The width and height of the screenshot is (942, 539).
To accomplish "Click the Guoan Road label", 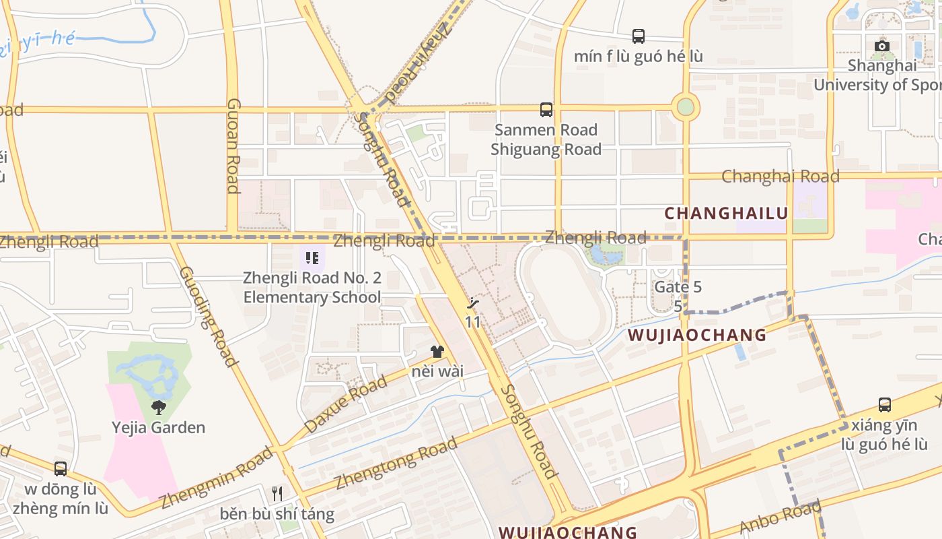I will coord(233,146).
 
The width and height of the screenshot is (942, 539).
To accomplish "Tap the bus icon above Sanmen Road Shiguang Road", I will coord(546,109).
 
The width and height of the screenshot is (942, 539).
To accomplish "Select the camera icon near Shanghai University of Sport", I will coord(881,46).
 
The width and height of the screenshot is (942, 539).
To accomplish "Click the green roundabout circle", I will coord(685,106).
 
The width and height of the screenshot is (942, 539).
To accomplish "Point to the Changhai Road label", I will coord(780,177).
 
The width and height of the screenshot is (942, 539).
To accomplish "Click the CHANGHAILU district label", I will coord(725,214).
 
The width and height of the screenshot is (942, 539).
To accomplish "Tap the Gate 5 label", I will coord(678,287).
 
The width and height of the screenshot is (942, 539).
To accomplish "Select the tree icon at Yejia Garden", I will coord(159,407).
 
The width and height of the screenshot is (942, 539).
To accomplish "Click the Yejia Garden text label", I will coord(159,428).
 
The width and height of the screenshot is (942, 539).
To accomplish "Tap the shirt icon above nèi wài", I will coord(437,351).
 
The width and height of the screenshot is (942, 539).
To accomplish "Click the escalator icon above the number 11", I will coord(474,303).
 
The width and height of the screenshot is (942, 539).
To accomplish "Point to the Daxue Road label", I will coord(346,405).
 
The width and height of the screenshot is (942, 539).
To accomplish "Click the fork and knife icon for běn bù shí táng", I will coord(277,494).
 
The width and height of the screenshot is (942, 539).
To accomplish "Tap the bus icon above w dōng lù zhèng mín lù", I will coord(61,468).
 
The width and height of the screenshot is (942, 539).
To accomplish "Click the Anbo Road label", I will coord(780,517).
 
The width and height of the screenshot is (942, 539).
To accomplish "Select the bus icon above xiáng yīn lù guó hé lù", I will coord(884,405).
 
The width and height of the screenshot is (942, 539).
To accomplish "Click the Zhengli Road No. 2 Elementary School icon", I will coord(312,258).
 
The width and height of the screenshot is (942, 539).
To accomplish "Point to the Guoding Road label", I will coord(209,317).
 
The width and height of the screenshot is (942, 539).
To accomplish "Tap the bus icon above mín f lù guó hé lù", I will coord(638,36).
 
